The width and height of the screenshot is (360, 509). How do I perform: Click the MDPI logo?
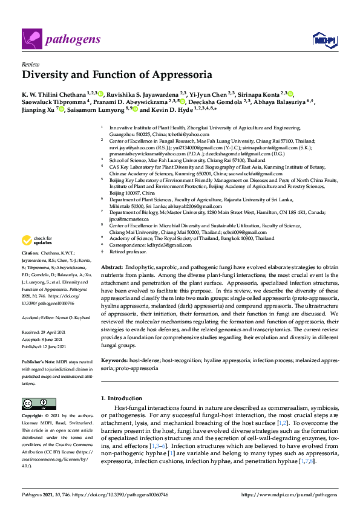tap(324, 40)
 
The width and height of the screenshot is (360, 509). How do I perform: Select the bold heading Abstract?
tap(113, 267)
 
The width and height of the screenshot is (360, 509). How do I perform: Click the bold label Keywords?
tap(114, 360)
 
